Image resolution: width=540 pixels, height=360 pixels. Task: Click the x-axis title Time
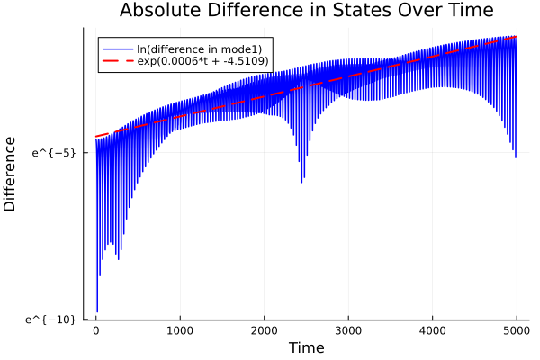306,346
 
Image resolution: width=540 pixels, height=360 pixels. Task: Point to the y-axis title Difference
11,174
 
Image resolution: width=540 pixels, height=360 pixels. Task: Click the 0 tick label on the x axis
96,329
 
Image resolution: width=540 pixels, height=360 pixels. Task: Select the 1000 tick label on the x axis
180,329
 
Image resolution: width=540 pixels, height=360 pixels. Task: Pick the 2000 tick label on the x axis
265,329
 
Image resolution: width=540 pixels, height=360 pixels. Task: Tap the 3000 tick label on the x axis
348,329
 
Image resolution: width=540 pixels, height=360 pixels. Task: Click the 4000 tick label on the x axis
433,329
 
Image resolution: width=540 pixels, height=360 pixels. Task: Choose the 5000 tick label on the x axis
517,329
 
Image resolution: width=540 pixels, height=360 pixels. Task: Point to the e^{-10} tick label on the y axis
51,319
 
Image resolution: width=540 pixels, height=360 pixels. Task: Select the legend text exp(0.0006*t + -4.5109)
209,61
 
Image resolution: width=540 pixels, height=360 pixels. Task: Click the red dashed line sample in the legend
118,61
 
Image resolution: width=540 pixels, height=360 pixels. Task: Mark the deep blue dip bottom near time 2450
301,182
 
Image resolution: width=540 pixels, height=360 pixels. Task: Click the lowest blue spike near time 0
97,311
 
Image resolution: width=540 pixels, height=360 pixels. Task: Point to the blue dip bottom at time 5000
516,157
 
